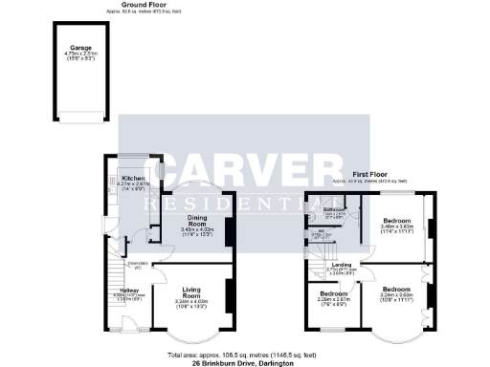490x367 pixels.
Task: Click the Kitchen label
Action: point(132,178)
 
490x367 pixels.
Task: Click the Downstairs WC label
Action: point(136,265)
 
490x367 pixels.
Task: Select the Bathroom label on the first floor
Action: point(333,208)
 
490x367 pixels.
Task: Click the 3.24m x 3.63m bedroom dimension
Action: point(394,295)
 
